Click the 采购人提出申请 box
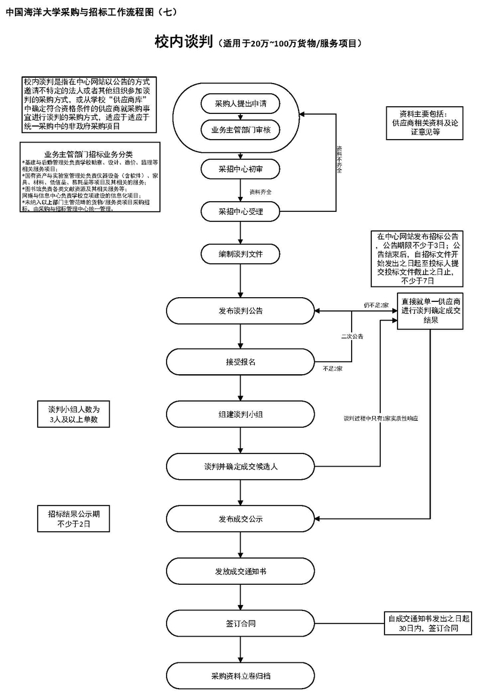[x=241, y=103]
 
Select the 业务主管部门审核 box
[x=241, y=129]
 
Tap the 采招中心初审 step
[x=241, y=169]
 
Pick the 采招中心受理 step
[x=241, y=211]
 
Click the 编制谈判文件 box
[x=241, y=254]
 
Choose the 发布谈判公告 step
[x=241, y=310]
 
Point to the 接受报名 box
[x=241, y=362]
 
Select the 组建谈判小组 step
[x=241, y=414]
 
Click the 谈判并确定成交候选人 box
[x=241, y=466]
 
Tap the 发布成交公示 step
[x=241, y=519]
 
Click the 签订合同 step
[x=241, y=624]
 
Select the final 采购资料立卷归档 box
[x=241, y=676]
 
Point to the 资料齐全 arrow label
[x=260, y=192]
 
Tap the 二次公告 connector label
[x=352, y=337]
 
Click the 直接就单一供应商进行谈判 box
[x=431, y=310]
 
